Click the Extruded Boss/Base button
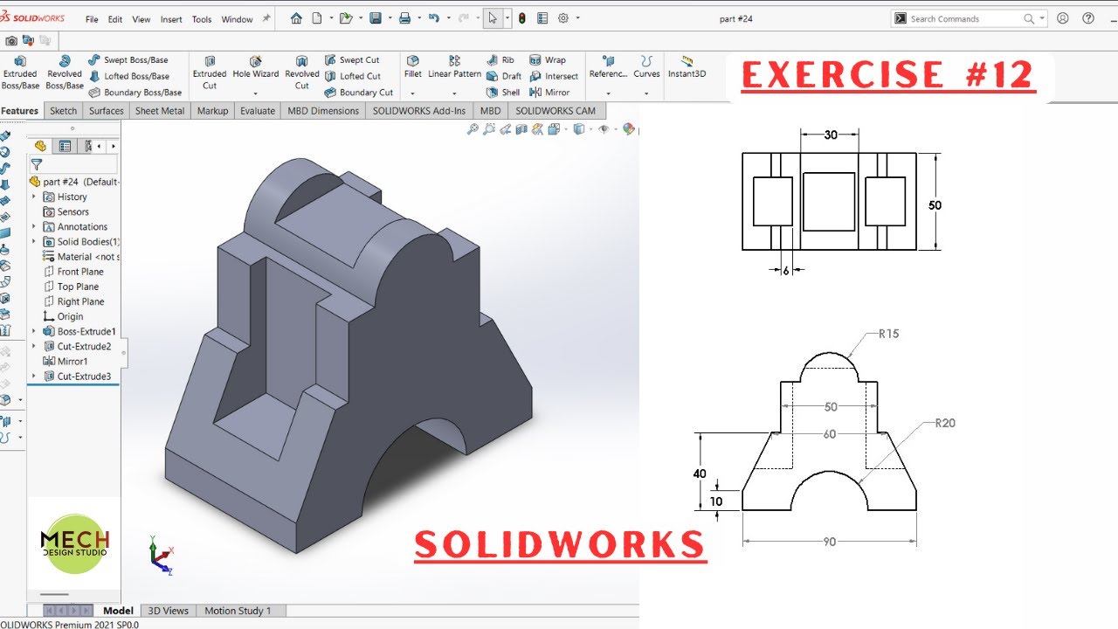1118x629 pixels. tap(20, 73)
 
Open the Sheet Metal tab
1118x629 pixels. tap(159, 111)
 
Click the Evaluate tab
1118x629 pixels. tap(258, 111)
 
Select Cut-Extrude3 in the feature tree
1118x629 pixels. tap(84, 377)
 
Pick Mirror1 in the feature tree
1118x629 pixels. tap(72, 362)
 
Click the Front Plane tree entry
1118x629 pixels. tap(79, 272)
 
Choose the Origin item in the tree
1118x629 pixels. tap(70, 316)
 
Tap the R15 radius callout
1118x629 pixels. tap(888, 334)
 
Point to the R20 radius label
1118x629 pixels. tap(945, 424)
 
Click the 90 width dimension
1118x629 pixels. tap(829, 542)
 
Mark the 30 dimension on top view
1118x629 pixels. tap(830, 135)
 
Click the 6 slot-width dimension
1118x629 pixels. tap(785, 271)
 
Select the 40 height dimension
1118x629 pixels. tap(700, 473)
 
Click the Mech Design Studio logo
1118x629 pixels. tap(74, 543)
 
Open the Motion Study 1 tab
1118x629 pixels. tap(238, 611)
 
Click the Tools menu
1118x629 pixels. tap(202, 19)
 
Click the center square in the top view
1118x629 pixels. tap(829, 201)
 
